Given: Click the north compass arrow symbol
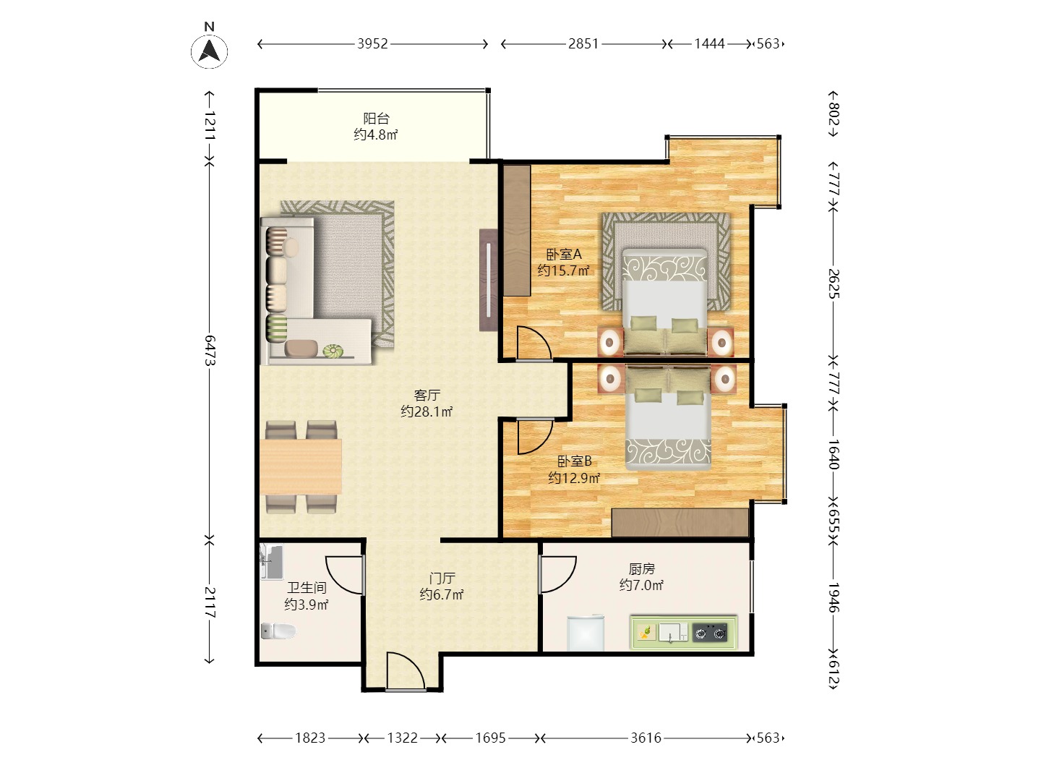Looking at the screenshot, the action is point(209,51).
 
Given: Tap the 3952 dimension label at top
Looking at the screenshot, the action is point(373,44).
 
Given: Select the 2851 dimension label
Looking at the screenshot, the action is point(584,44).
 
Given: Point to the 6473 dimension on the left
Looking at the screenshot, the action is point(210,351).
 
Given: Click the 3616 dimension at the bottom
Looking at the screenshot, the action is point(646,738).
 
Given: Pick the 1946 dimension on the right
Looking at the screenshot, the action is point(834,597).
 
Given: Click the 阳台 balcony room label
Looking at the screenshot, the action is point(376,119).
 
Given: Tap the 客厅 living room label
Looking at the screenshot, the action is point(427,395).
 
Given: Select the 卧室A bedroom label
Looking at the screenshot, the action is point(564,254).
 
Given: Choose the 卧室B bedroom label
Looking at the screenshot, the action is point(574,461).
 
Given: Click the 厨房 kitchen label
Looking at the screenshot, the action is point(642,568).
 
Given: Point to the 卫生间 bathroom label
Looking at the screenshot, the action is point(307,588).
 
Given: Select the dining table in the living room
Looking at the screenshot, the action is point(301,467).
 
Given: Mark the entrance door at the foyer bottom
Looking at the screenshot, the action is point(406,672).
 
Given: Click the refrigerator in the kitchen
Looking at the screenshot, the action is point(586,633).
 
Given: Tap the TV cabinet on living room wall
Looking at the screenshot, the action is point(489,280).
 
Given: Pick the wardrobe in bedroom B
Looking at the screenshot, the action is point(680,523).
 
